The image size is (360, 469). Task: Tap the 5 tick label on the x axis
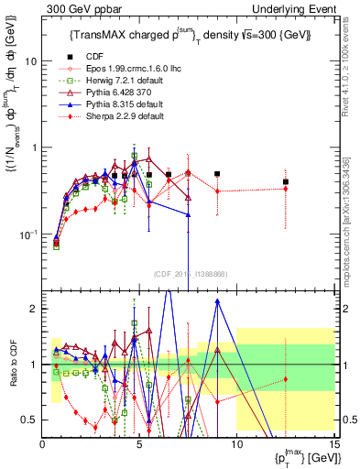tap(139, 443)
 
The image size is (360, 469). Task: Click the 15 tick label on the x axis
tap(333, 443)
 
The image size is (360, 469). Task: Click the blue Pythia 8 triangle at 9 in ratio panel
tap(217, 313)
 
